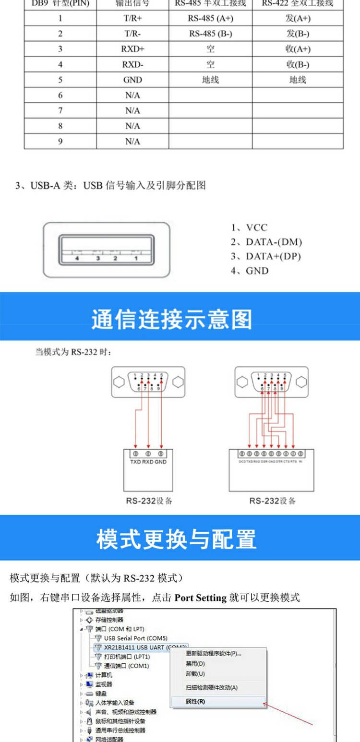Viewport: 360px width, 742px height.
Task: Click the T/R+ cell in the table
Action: pos(132,18)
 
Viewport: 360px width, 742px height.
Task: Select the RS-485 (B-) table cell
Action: pos(210,34)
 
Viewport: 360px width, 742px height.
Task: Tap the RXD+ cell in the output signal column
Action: pos(132,49)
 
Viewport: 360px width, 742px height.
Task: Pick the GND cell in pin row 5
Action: pos(132,80)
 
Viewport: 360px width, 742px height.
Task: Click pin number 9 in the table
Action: pos(60,142)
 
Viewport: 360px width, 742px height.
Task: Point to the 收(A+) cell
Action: pos(298,49)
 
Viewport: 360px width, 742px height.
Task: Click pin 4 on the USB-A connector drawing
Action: pos(77,258)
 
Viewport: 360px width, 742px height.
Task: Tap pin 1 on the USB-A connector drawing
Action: pos(136,258)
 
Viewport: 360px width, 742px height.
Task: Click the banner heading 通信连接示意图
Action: pos(171,319)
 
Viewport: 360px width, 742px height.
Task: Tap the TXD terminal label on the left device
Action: pos(135,462)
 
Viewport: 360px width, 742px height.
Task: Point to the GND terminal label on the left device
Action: pos(161,462)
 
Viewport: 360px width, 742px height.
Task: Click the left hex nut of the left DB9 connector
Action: pos(119,382)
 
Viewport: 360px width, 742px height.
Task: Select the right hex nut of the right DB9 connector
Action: pos(301,382)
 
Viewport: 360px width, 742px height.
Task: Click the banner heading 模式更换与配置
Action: pos(176,539)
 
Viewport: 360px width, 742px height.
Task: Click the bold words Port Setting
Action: pos(200,598)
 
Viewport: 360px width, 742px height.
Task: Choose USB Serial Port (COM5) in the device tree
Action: pos(135,638)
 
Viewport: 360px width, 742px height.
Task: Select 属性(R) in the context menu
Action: pos(195,701)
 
